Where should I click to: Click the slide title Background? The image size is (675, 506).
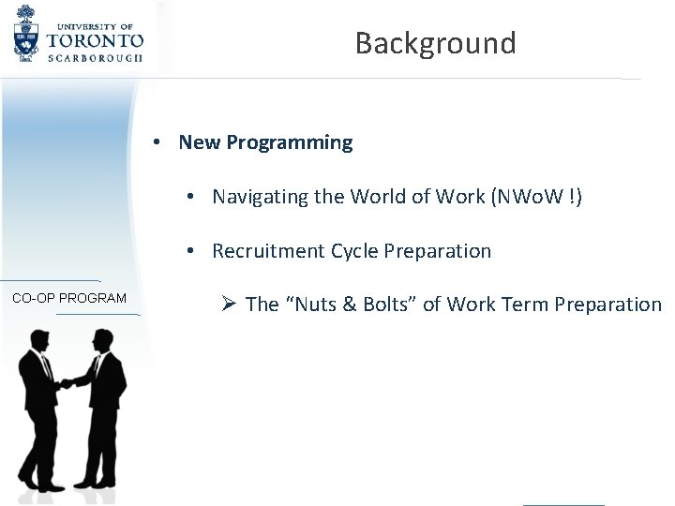435,43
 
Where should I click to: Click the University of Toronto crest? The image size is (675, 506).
28,35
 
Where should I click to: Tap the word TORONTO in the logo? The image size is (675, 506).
95,40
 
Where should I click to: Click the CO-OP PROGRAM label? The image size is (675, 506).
69,298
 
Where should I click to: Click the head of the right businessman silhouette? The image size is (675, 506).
97,338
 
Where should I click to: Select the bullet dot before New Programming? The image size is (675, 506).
161,142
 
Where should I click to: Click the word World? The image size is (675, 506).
373,197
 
